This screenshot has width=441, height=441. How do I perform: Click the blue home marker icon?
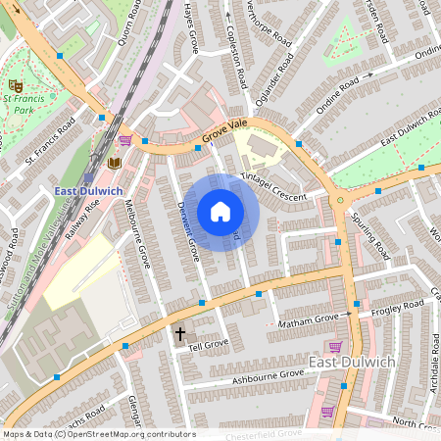pos(220,212)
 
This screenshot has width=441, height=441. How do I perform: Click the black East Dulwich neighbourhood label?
pos(351,363)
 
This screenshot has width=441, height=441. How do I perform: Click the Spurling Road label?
pos(370,236)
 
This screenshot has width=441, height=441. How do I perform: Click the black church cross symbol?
pos(179,334)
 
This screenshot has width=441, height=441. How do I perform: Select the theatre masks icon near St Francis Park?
pos(14,85)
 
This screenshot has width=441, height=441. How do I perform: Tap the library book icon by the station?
pos(114,162)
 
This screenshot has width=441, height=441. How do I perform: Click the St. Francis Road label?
pos(51,139)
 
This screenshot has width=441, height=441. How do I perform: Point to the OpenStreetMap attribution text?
pos(98,434)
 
